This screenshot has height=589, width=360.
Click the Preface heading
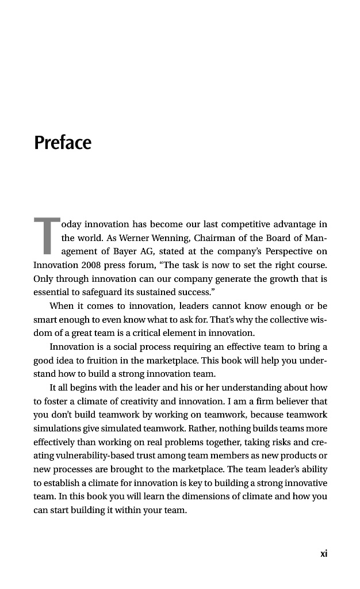point(63,142)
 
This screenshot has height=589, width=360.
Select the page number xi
point(324,553)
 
